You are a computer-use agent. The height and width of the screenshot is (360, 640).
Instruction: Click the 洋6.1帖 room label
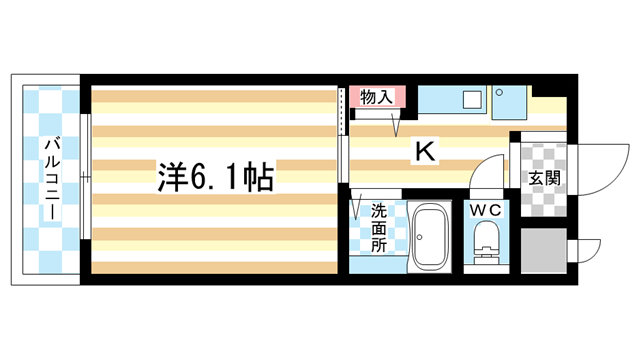[x=215, y=177]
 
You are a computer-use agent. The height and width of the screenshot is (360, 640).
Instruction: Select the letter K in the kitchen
[x=424, y=152]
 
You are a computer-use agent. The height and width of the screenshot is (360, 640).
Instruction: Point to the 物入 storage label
[x=375, y=97]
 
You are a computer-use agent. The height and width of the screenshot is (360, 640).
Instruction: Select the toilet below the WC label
[x=488, y=246]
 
